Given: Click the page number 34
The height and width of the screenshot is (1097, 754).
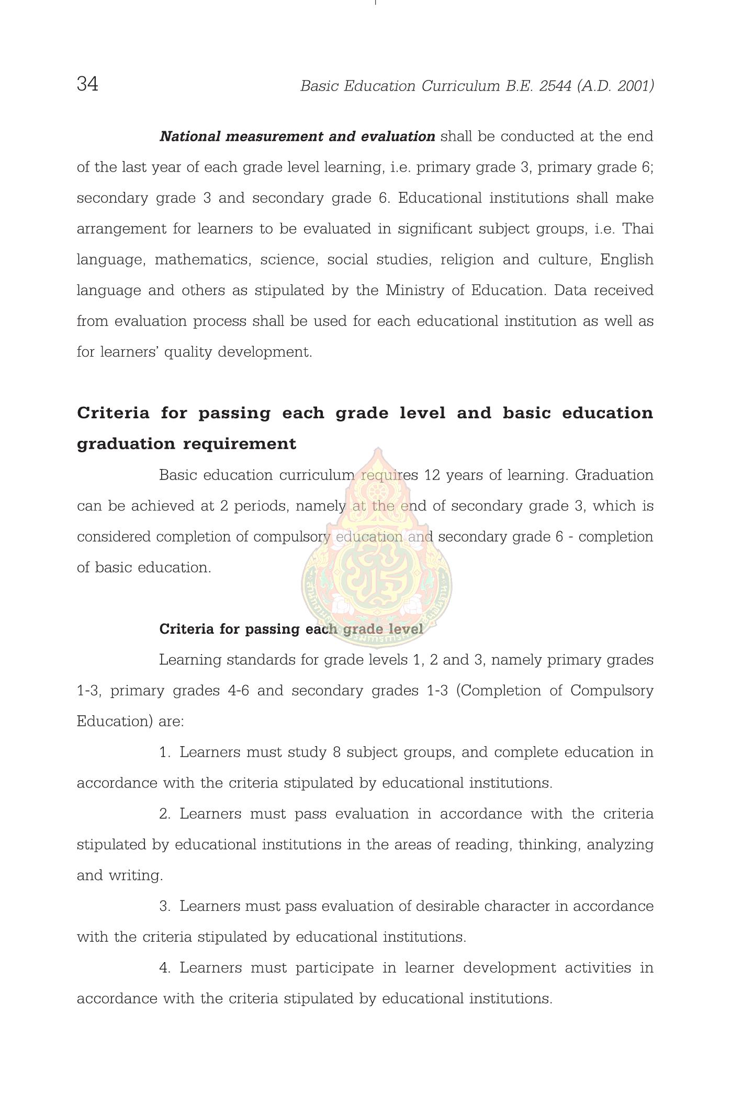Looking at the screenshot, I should tap(87, 84).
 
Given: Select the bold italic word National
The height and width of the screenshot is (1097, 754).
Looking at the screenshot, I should tap(190, 136).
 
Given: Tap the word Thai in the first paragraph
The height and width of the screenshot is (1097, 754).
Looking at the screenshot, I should tap(638, 229).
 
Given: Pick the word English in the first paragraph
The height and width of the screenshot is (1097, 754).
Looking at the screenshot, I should tap(626, 260).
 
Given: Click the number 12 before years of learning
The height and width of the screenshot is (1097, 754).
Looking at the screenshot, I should tap(432, 475).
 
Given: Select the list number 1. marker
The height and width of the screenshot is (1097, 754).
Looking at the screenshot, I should tap(164, 752).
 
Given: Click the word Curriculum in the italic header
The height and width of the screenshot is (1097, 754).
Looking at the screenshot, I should tap(460, 86).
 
